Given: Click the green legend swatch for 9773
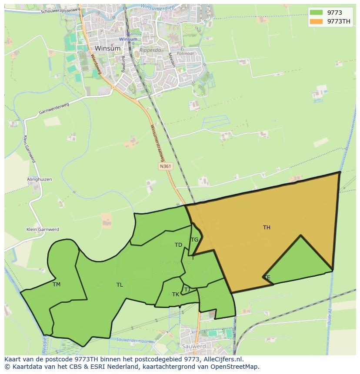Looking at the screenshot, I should click(x=316, y=13).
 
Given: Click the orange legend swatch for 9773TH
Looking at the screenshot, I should click(x=316, y=21).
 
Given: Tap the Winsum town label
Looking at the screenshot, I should click(x=104, y=48).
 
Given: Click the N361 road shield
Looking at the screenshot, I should click(x=165, y=166).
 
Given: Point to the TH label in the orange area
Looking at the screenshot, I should click(x=267, y=227).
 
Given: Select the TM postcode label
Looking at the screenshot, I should click(x=57, y=285).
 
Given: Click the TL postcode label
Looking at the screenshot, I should click(x=120, y=285).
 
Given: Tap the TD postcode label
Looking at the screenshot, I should click(x=178, y=245).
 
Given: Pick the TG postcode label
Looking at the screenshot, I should click(x=194, y=239).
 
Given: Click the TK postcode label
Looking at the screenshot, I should click(x=176, y=294).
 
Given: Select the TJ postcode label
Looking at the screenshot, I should click(x=187, y=289).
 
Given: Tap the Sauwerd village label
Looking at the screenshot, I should click(x=194, y=346).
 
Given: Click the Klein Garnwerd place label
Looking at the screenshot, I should click(x=43, y=229).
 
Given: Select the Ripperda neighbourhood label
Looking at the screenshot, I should click(x=150, y=50).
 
